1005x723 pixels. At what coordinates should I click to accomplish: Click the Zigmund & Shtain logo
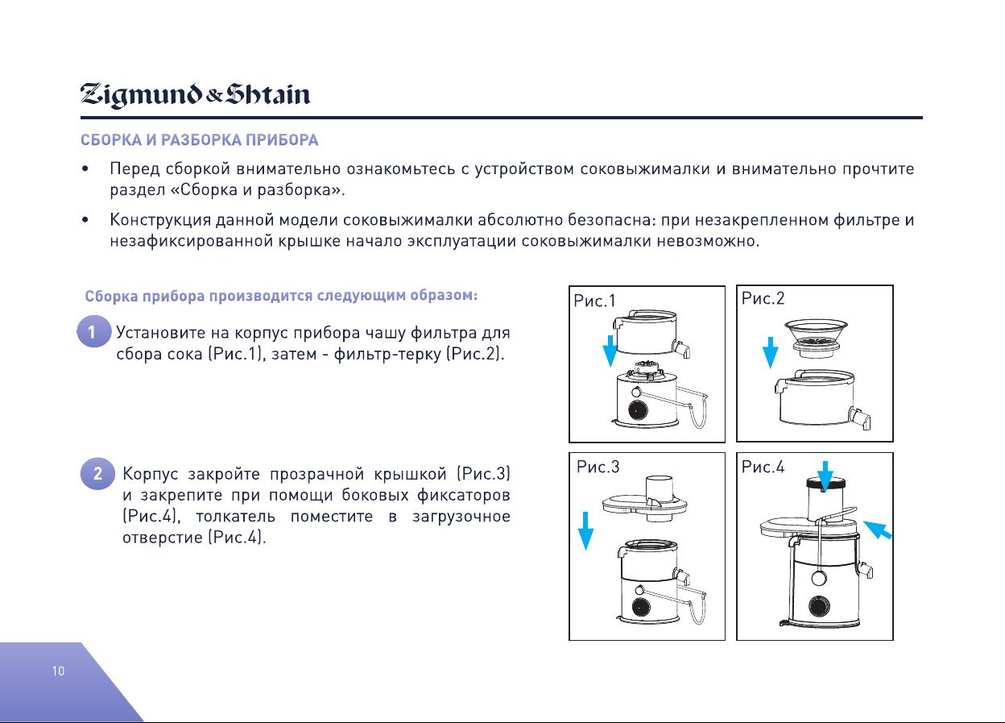pyautogui.click(x=195, y=95)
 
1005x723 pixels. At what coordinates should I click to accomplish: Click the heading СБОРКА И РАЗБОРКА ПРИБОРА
pyautogui.click(x=199, y=140)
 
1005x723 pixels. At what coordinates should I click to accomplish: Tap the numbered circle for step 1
pyautogui.click(x=93, y=331)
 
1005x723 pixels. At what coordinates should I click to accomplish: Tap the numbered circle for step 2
pyautogui.click(x=97, y=473)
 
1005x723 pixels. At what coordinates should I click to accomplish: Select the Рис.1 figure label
pyautogui.click(x=594, y=301)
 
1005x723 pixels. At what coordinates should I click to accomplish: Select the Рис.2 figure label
pyautogui.click(x=763, y=298)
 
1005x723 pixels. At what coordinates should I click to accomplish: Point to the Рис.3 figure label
pyautogui.click(x=598, y=467)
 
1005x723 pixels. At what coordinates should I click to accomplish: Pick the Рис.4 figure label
pyautogui.click(x=763, y=467)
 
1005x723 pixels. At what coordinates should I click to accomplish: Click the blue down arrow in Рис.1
pyautogui.click(x=610, y=351)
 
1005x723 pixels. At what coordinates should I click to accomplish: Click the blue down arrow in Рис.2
pyautogui.click(x=771, y=352)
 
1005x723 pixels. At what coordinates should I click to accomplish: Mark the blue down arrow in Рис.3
pyautogui.click(x=585, y=531)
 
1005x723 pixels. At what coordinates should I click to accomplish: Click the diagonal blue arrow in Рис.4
pyautogui.click(x=878, y=530)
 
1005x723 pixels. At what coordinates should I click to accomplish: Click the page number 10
pyautogui.click(x=58, y=671)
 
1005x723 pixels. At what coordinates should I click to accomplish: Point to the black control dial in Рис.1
pyautogui.click(x=638, y=409)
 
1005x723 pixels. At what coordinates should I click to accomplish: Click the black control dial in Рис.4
pyautogui.click(x=819, y=606)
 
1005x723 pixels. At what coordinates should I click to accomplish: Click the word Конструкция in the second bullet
pyautogui.click(x=160, y=221)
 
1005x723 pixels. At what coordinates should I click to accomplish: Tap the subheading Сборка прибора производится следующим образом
pyautogui.click(x=281, y=296)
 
